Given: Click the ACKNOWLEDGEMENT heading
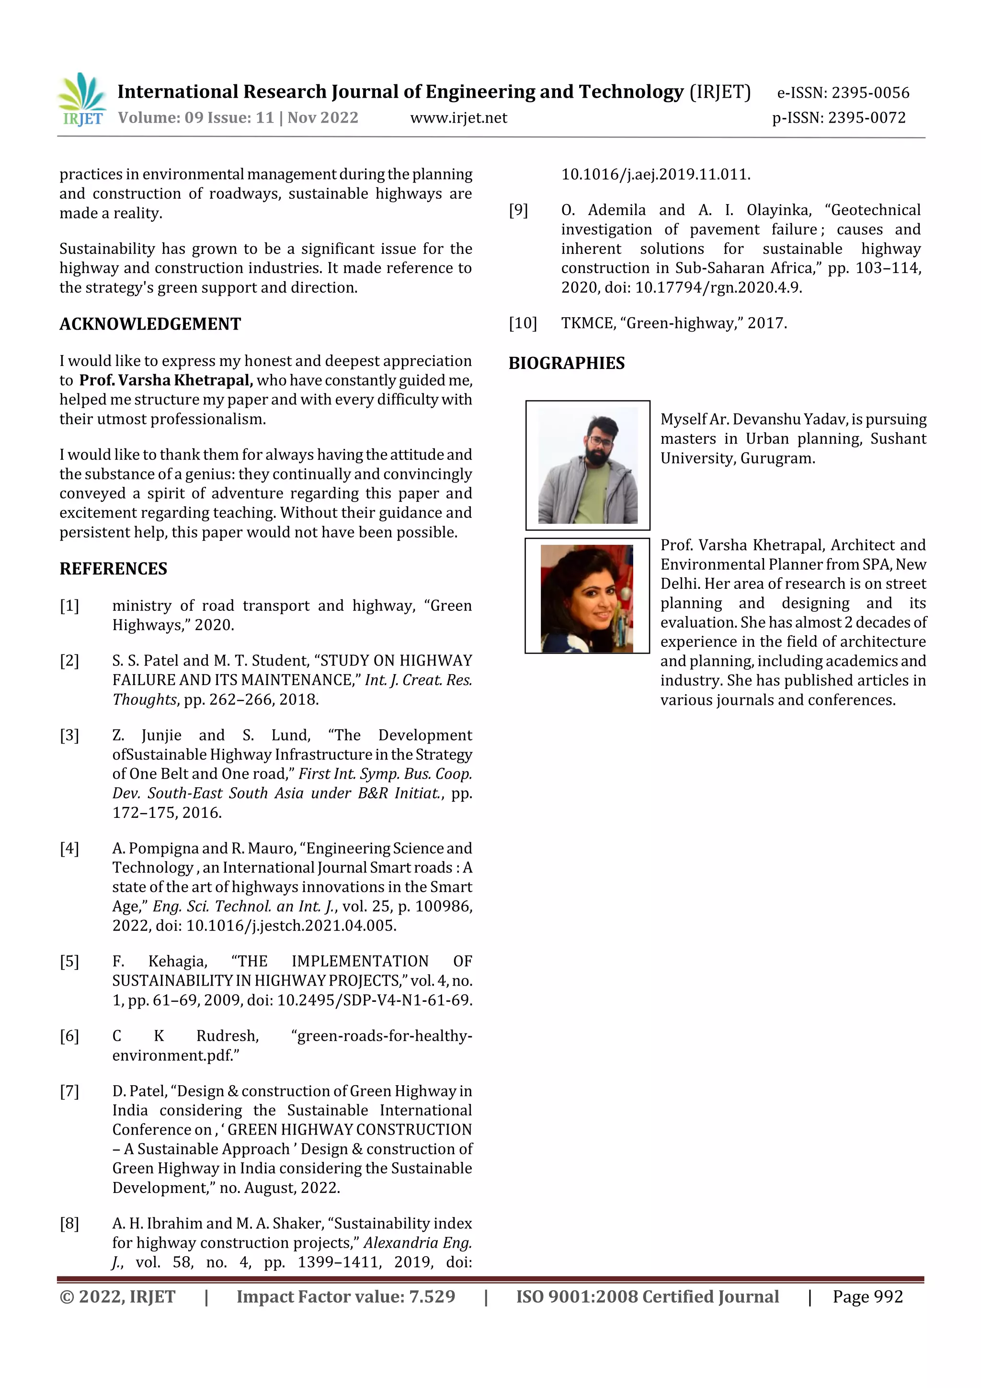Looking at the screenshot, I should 150,324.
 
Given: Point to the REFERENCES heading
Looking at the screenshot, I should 113,568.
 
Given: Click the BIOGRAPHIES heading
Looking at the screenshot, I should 566,363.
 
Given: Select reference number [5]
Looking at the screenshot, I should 69,961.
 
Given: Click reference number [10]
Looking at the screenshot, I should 522,323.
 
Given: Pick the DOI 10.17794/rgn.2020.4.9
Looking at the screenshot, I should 718,288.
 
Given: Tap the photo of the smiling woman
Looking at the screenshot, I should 587,598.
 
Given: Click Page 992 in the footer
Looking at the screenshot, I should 867,1296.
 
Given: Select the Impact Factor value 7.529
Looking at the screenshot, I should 432,1296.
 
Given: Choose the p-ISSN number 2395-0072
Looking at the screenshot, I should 867,118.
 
